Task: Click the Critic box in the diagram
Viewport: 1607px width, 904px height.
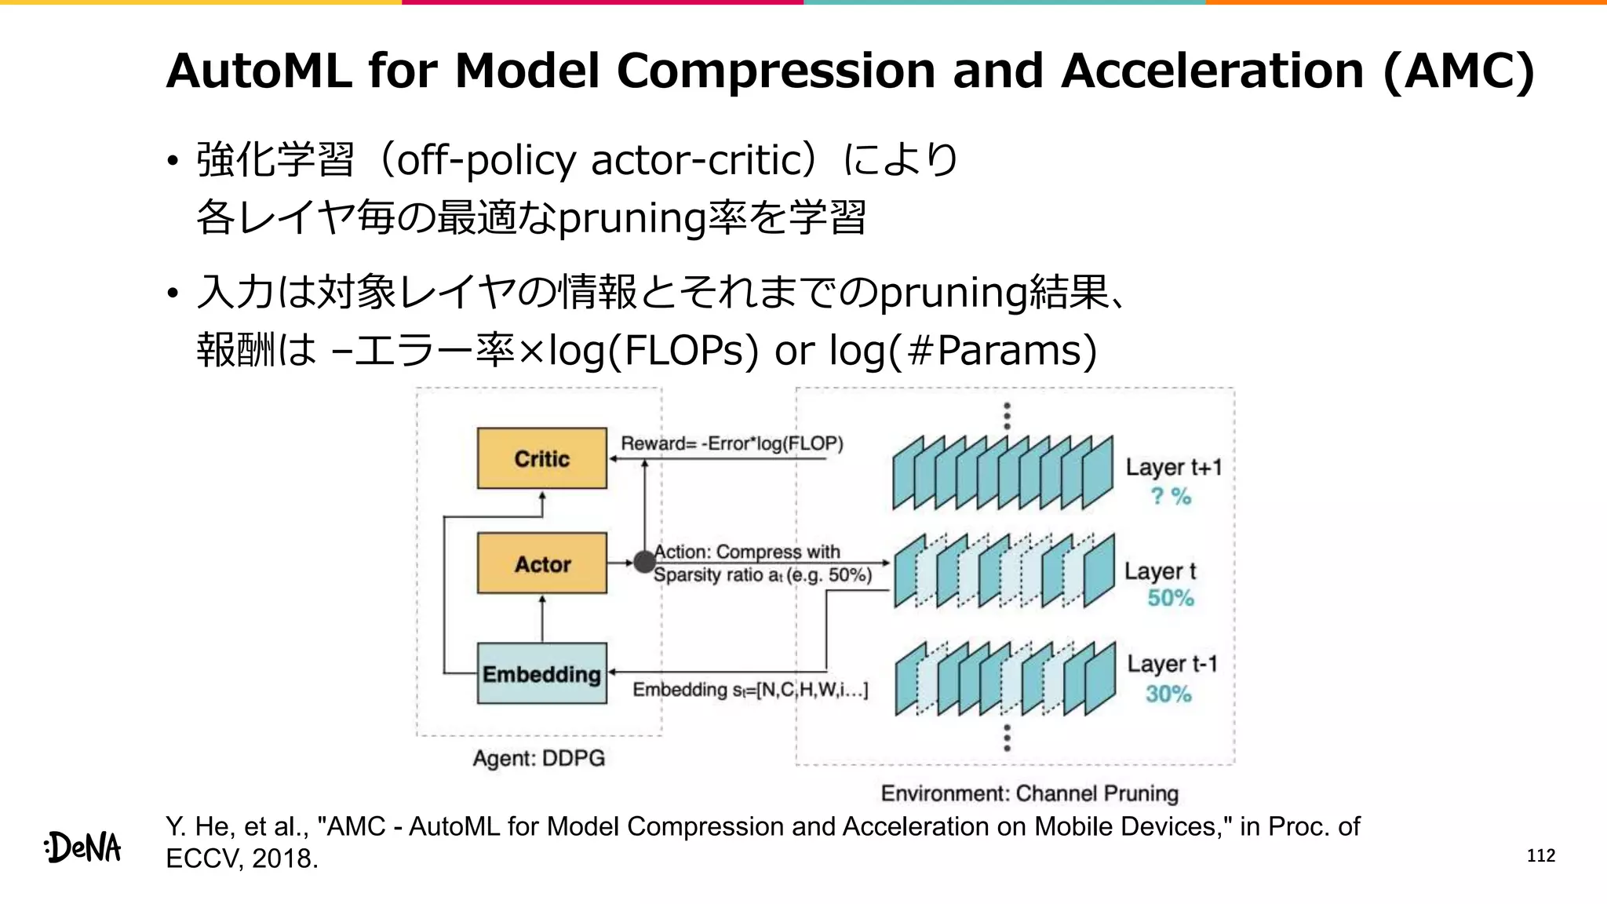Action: click(x=541, y=458)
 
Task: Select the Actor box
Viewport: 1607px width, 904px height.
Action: click(x=541, y=563)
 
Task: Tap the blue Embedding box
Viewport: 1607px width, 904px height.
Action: click(x=541, y=673)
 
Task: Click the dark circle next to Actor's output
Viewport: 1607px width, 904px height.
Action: click(x=644, y=562)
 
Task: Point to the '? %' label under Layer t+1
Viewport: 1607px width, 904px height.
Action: click(x=1171, y=496)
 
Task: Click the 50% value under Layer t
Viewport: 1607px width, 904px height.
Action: click(x=1170, y=598)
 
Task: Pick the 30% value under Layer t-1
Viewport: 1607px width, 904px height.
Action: click(x=1168, y=694)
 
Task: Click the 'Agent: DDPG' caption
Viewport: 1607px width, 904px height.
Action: click(x=538, y=758)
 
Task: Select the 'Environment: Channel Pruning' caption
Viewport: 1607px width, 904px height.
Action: click(x=1029, y=793)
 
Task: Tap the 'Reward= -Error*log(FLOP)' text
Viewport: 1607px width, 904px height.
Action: click(x=732, y=443)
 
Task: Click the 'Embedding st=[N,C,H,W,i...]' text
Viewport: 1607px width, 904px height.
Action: click(x=750, y=690)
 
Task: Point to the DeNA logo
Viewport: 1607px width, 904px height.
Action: click(x=83, y=847)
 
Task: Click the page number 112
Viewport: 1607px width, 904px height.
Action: click(x=1540, y=855)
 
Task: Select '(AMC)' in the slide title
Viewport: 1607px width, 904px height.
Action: click(x=1458, y=71)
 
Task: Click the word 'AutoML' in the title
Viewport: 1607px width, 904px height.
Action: click(x=259, y=71)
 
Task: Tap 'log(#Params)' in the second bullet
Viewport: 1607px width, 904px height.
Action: click(x=963, y=350)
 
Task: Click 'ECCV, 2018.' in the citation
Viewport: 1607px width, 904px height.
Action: click(x=242, y=858)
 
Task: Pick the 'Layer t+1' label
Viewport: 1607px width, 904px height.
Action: click(x=1174, y=468)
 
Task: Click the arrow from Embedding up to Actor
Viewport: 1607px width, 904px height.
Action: click(x=542, y=618)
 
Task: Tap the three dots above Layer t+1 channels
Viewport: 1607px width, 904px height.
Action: click(x=1008, y=416)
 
